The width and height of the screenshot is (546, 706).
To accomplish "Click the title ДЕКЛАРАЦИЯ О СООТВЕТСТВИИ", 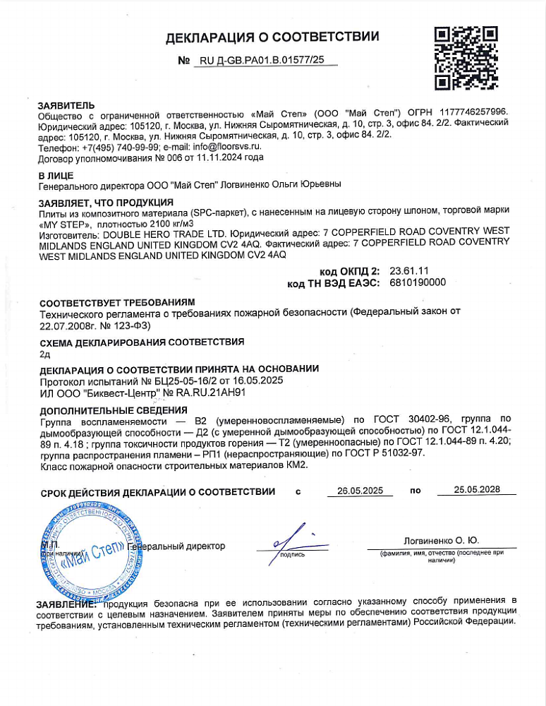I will [272, 37].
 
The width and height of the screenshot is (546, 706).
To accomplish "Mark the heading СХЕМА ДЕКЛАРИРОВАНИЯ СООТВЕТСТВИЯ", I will [142, 342].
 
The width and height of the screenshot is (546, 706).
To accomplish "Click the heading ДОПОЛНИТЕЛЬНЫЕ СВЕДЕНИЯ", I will [113, 410].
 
